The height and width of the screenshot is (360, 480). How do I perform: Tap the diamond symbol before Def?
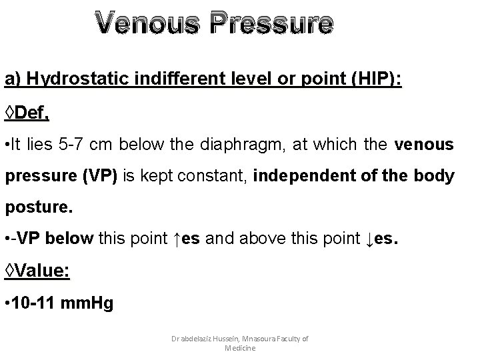click(10, 113)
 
